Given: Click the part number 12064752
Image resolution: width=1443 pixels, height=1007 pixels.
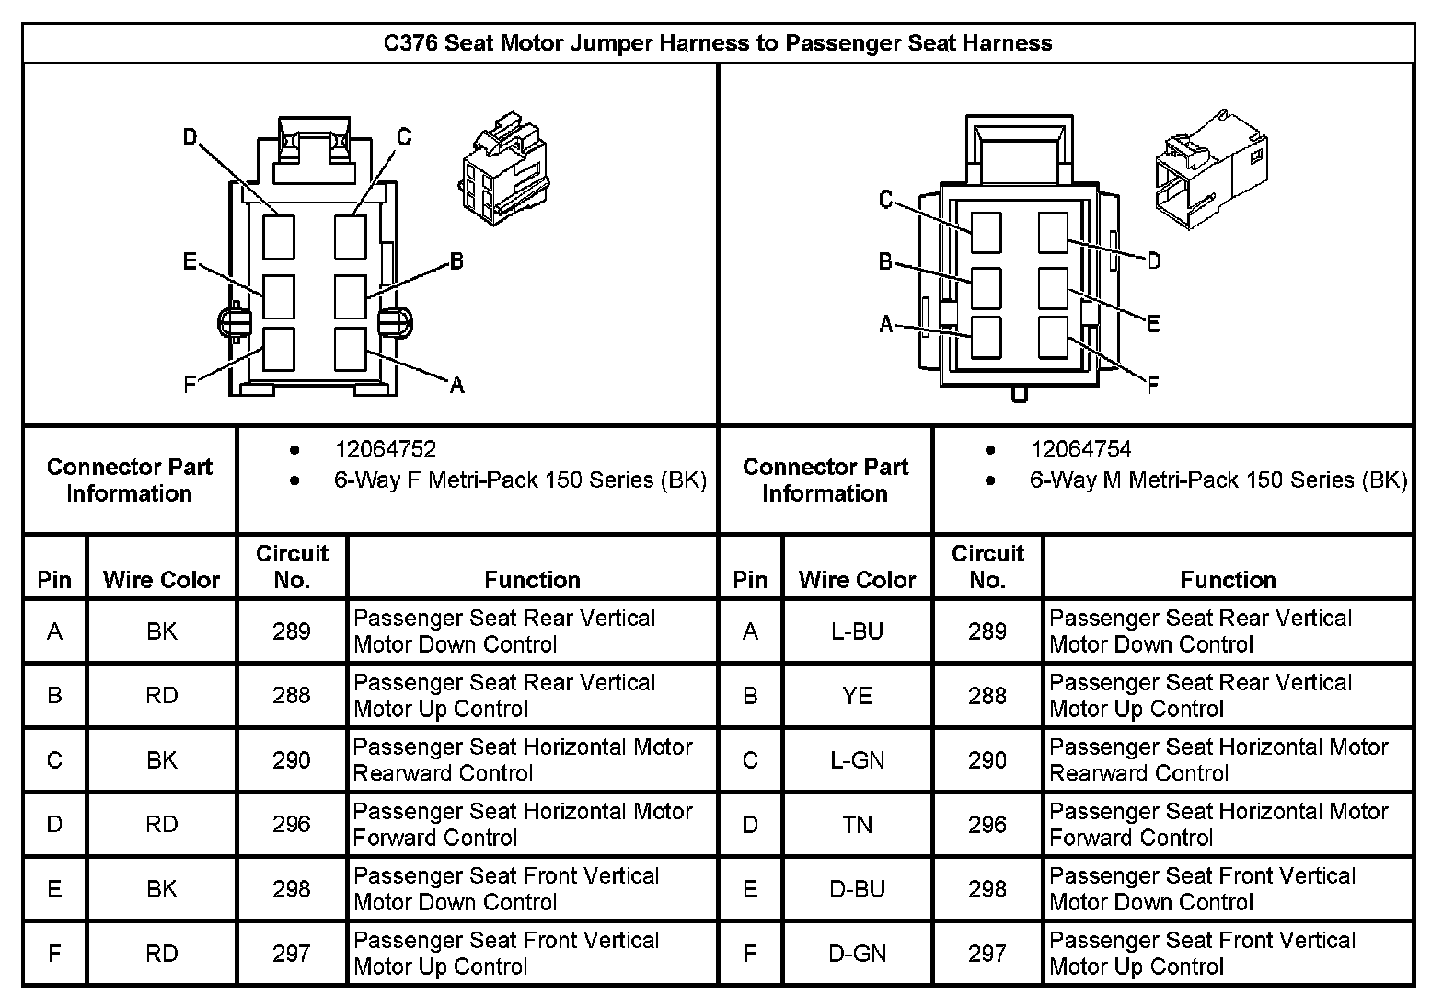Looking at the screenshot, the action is [x=386, y=449].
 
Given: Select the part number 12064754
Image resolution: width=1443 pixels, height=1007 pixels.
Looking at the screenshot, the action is [x=1081, y=449].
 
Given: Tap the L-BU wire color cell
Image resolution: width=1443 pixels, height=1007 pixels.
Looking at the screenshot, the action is [x=858, y=631].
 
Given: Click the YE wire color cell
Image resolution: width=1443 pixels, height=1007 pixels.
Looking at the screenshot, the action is [x=858, y=696].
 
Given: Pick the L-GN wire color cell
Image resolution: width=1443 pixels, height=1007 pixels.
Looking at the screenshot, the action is [x=858, y=760].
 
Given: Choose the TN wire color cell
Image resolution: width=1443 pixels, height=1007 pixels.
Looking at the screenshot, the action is [x=858, y=825].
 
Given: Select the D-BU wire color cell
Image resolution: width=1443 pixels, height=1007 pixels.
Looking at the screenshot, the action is [x=858, y=889].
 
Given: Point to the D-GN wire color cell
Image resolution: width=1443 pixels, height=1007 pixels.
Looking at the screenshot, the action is [x=858, y=954].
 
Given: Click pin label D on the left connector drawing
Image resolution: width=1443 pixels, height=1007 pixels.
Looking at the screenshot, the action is [x=190, y=137].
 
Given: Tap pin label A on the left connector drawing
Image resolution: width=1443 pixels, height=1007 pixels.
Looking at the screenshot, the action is [x=456, y=385].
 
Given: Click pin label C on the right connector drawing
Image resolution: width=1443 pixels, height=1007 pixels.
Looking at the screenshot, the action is [x=886, y=200].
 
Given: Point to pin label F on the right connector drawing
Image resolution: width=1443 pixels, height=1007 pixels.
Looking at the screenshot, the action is [x=1153, y=385].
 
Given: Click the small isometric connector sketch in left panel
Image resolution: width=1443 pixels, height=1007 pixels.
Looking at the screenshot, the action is [x=503, y=168].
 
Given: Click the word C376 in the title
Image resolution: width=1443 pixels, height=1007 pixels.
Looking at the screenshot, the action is [x=410, y=43].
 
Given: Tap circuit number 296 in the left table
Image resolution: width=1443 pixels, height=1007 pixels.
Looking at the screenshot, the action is [x=291, y=824].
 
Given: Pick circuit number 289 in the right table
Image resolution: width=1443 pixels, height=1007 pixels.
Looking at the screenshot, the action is [x=987, y=631].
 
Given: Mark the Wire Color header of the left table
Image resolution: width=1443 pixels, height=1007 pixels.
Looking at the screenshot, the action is [x=161, y=580].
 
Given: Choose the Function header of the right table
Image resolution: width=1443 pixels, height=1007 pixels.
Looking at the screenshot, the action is [x=1228, y=580].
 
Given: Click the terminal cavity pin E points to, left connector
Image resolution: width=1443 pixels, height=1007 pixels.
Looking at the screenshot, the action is [x=279, y=297].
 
